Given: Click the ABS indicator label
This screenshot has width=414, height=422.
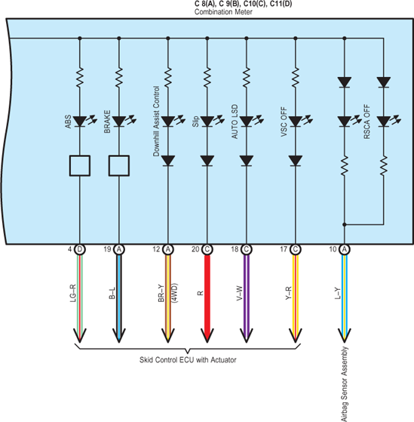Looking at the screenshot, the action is (68, 122).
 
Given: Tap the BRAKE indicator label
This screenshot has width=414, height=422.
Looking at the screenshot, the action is (107, 122).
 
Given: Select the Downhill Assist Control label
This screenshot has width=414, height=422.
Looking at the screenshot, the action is (156, 121).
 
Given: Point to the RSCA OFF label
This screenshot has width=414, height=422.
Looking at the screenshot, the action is (366, 122).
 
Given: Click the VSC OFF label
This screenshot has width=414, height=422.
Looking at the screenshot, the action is (284, 122).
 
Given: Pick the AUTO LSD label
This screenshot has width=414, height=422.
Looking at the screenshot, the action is (235, 122).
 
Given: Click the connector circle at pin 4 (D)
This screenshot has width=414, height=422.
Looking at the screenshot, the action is (80, 249).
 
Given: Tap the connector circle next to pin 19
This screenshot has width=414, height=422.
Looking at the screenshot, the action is (119, 249).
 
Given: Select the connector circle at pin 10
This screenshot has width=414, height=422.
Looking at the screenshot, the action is (345, 249).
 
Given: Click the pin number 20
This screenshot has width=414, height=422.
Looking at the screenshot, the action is (195, 249).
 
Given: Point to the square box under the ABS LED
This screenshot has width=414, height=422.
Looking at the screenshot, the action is (80, 166).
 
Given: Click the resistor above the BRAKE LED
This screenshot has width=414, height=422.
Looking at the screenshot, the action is (119, 78).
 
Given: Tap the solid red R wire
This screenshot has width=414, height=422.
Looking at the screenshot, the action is (207, 299).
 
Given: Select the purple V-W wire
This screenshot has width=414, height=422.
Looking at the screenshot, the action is (247, 299).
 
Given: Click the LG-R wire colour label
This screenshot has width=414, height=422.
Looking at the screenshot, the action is (73, 293).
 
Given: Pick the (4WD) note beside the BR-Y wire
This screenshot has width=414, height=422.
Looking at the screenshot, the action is (174, 293).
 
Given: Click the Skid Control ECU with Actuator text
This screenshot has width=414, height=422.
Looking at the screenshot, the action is (188, 360).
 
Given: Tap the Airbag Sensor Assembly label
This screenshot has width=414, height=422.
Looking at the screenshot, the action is (345, 384).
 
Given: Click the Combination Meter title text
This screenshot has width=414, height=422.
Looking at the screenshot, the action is (223, 12).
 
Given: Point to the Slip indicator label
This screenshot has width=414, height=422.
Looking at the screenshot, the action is (195, 122).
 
